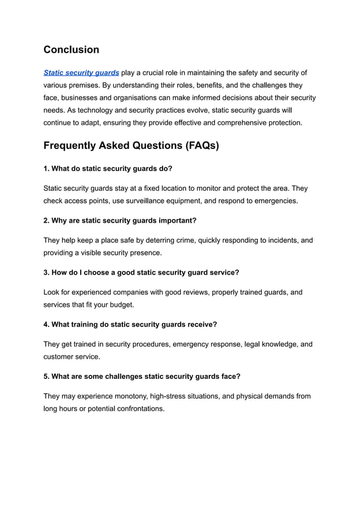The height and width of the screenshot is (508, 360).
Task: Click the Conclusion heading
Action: [x=71, y=50]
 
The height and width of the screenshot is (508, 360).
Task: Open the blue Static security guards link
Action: [x=81, y=73]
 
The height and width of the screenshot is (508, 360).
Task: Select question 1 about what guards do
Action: [x=108, y=169]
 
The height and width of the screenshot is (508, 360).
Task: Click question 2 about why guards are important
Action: [x=120, y=220]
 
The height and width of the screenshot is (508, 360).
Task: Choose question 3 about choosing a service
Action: [x=141, y=272]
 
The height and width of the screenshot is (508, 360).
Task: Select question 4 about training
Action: [x=130, y=324]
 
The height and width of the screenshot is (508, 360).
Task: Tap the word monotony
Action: [x=123, y=396]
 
